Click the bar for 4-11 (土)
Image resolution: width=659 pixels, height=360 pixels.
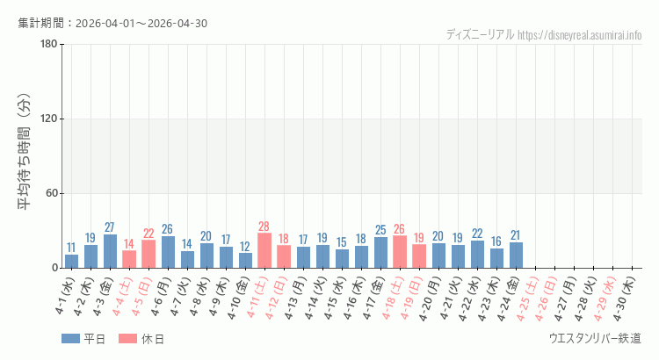[264, 250]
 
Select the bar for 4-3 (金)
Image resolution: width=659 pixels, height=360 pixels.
[110, 251]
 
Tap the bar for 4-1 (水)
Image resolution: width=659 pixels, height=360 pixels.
[71, 261]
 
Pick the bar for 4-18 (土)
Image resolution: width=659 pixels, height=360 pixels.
[400, 252]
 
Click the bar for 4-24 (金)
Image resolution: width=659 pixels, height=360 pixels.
[516, 255]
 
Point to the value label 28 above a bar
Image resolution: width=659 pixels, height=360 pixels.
[264, 227]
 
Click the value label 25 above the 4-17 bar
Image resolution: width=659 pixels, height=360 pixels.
[380, 230]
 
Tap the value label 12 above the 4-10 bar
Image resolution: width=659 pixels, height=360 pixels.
[245, 247]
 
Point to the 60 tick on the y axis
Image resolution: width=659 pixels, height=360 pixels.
[51, 194]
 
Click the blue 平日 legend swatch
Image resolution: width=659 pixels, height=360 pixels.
[70, 339]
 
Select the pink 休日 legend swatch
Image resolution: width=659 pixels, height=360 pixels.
[128, 339]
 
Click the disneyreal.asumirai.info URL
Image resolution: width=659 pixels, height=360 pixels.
[580, 35]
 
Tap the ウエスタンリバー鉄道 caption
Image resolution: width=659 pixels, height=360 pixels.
[595, 339]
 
